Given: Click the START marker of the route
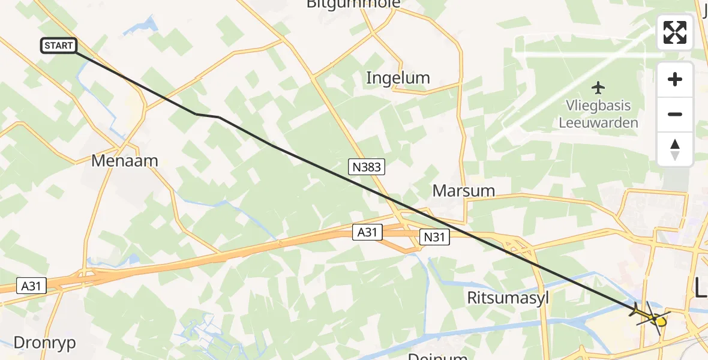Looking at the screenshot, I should pos(59,46).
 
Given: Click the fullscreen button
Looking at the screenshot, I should pos(675,32).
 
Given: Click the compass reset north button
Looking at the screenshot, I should pos(675,149).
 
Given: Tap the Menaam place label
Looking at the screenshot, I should pos(125,161).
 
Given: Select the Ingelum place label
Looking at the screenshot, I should pos(398,78).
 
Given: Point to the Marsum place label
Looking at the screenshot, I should pos(464,191).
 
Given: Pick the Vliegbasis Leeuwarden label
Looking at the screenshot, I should pos(598,114).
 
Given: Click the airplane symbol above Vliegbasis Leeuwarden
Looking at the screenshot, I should pos(598,88).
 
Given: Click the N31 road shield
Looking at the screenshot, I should pos(434,237).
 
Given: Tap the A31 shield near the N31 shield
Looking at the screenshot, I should pos(367,232).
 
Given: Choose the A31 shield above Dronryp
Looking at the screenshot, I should pos(31,286).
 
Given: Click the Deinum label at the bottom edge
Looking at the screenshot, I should pos(437,356).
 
